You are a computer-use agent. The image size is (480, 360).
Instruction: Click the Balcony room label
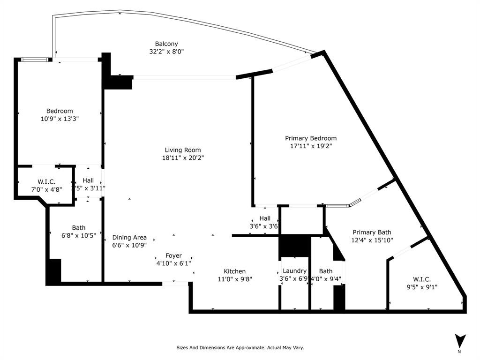(x=166, y=44)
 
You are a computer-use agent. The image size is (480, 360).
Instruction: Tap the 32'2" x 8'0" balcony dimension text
(x=166, y=52)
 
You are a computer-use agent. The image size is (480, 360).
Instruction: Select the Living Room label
(x=183, y=150)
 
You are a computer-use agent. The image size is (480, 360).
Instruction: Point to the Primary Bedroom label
(x=311, y=138)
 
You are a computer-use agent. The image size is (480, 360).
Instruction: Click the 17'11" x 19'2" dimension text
(x=311, y=146)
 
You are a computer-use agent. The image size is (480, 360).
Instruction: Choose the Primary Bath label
(x=372, y=232)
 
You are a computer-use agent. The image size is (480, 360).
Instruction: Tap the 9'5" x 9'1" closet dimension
(x=421, y=287)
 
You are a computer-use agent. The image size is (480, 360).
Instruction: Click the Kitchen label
(x=234, y=271)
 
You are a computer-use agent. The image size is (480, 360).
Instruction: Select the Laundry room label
(x=294, y=271)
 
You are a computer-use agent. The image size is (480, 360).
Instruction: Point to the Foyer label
(x=173, y=255)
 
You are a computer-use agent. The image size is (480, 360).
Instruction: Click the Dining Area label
(x=129, y=237)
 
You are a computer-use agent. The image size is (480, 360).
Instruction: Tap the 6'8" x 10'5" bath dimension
(x=78, y=236)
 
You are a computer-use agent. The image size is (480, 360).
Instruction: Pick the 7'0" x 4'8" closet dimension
(x=46, y=189)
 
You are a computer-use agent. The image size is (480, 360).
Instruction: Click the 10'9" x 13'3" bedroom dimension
(x=59, y=119)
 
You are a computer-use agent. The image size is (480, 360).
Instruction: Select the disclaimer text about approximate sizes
(x=240, y=348)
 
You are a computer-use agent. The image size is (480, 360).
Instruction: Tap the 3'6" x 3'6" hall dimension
(x=265, y=226)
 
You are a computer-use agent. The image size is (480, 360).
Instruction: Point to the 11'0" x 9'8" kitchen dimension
(x=234, y=279)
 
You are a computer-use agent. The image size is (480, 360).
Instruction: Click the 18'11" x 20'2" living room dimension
(x=183, y=158)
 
